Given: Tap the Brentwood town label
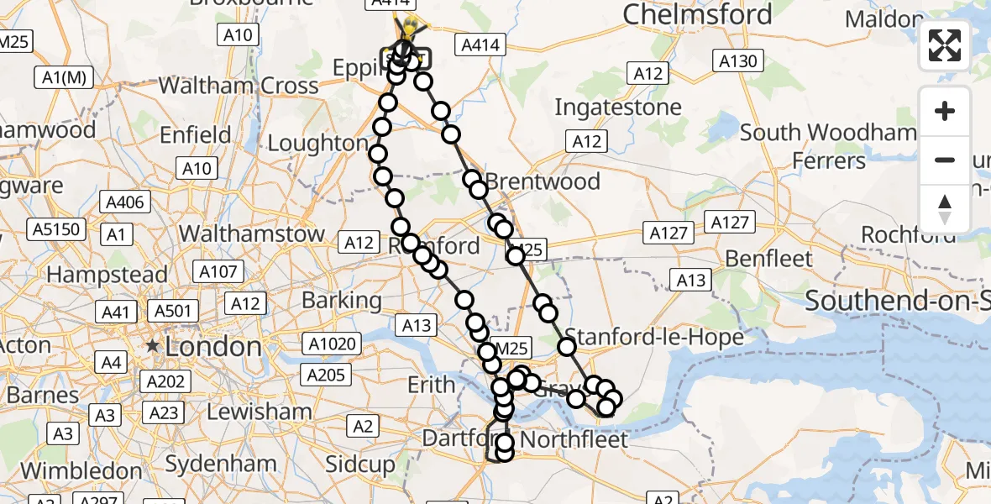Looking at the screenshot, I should tap(543, 181).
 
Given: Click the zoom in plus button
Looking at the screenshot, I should tap(945, 111).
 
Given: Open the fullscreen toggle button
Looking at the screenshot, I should tap(945, 45).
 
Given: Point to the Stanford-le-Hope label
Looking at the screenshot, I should tap(655, 338).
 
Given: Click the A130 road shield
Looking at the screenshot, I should tap(738, 60).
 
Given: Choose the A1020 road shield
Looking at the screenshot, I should tap(334, 343).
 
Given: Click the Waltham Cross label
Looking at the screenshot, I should tap(239, 86).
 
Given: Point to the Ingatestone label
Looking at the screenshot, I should tap(618, 108).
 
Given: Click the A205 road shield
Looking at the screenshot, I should tap(326, 375).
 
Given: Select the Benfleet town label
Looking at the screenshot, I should tap(768, 259).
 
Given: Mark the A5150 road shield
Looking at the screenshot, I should tap(55, 228).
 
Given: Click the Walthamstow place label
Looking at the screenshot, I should tap(252, 234).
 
